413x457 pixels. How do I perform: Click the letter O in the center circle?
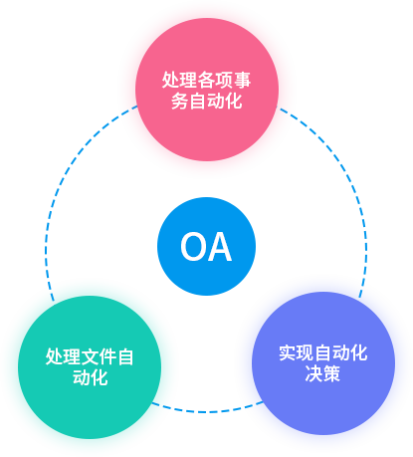click(192, 247)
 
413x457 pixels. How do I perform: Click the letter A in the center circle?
click(219, 247)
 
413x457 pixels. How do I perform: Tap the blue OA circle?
click(206, 246)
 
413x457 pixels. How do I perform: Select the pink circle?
click(207, 90)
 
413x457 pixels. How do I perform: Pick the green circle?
click(90, 367)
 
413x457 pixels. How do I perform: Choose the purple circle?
click(323, 363)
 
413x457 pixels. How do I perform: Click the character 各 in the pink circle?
click(206, 81)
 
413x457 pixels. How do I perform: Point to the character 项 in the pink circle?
click(224, 81)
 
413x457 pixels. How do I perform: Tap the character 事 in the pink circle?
click(242, 81)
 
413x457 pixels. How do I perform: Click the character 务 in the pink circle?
click(179, 101)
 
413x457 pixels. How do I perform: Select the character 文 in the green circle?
click(90, 357)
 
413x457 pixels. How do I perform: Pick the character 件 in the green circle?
click(107, 357)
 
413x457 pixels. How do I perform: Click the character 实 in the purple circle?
click(288, 353)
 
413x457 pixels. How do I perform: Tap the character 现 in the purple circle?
click(306, 353)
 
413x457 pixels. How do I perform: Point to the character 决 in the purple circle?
click(314, 373)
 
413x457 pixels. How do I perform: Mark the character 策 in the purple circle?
click(331, 373)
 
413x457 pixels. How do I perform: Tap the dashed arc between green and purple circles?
click(206, 411)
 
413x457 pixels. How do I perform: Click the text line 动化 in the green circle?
click(91, 377)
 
